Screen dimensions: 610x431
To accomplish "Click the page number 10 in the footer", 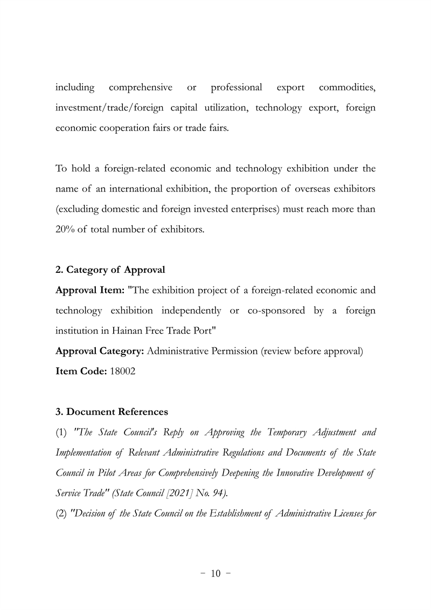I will click(x=215, y=573).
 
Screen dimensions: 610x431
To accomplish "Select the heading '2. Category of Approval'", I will click(x=110, y=270).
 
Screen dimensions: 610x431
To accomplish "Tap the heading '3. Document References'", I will click(x=112, y=412).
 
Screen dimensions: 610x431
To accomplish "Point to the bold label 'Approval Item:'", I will click(x=91, y=290).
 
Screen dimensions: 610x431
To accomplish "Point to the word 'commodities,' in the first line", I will click(x=347, y=87).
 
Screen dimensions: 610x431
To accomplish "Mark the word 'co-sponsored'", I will click(x=272, y=311).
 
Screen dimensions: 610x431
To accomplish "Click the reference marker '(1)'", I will click(x=61, y=433).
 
